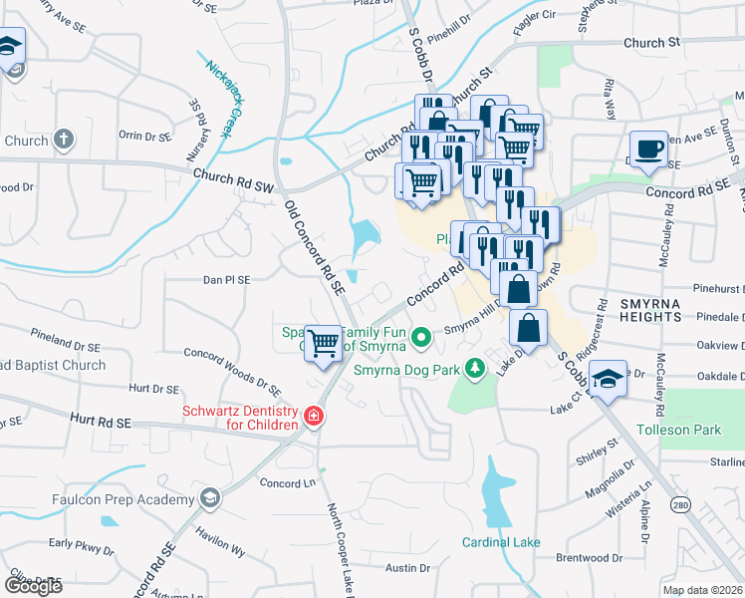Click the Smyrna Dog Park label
click(x=408, y=369)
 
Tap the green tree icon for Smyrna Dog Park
click(x=476, y=369)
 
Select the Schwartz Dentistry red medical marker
click(x=313, y=416)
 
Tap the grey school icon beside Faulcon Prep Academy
click(x=209, y=497)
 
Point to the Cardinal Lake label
click(x=501, y=542)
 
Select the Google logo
click(x=33, y=586)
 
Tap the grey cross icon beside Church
click(x=63, y=140)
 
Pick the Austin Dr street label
click(x=407, y=568)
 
